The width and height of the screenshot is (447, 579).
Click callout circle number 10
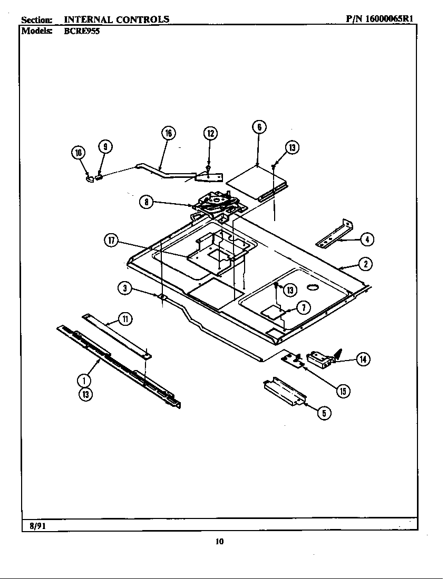[x=78, y=153]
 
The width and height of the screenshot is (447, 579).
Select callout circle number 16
[x=168, y=133]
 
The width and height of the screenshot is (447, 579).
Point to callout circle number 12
[x=210, y=133]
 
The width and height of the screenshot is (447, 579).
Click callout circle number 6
[x=258, y=127]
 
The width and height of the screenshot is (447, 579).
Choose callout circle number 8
[x=147, y=202]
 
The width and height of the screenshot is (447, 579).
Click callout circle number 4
[x=367, y=239]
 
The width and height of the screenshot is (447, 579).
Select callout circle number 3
[x=125, y=287]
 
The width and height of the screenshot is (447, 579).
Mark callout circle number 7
[x=303, y=308]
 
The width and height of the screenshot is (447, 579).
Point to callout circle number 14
[x=363, y=360]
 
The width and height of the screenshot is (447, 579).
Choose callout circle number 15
[x=343, y=391]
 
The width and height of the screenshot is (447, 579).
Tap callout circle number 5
[x=325, y=413]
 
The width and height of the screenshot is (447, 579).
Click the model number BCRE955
[x=82, y=31]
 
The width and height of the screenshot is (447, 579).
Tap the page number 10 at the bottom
[x=220, y=541]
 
